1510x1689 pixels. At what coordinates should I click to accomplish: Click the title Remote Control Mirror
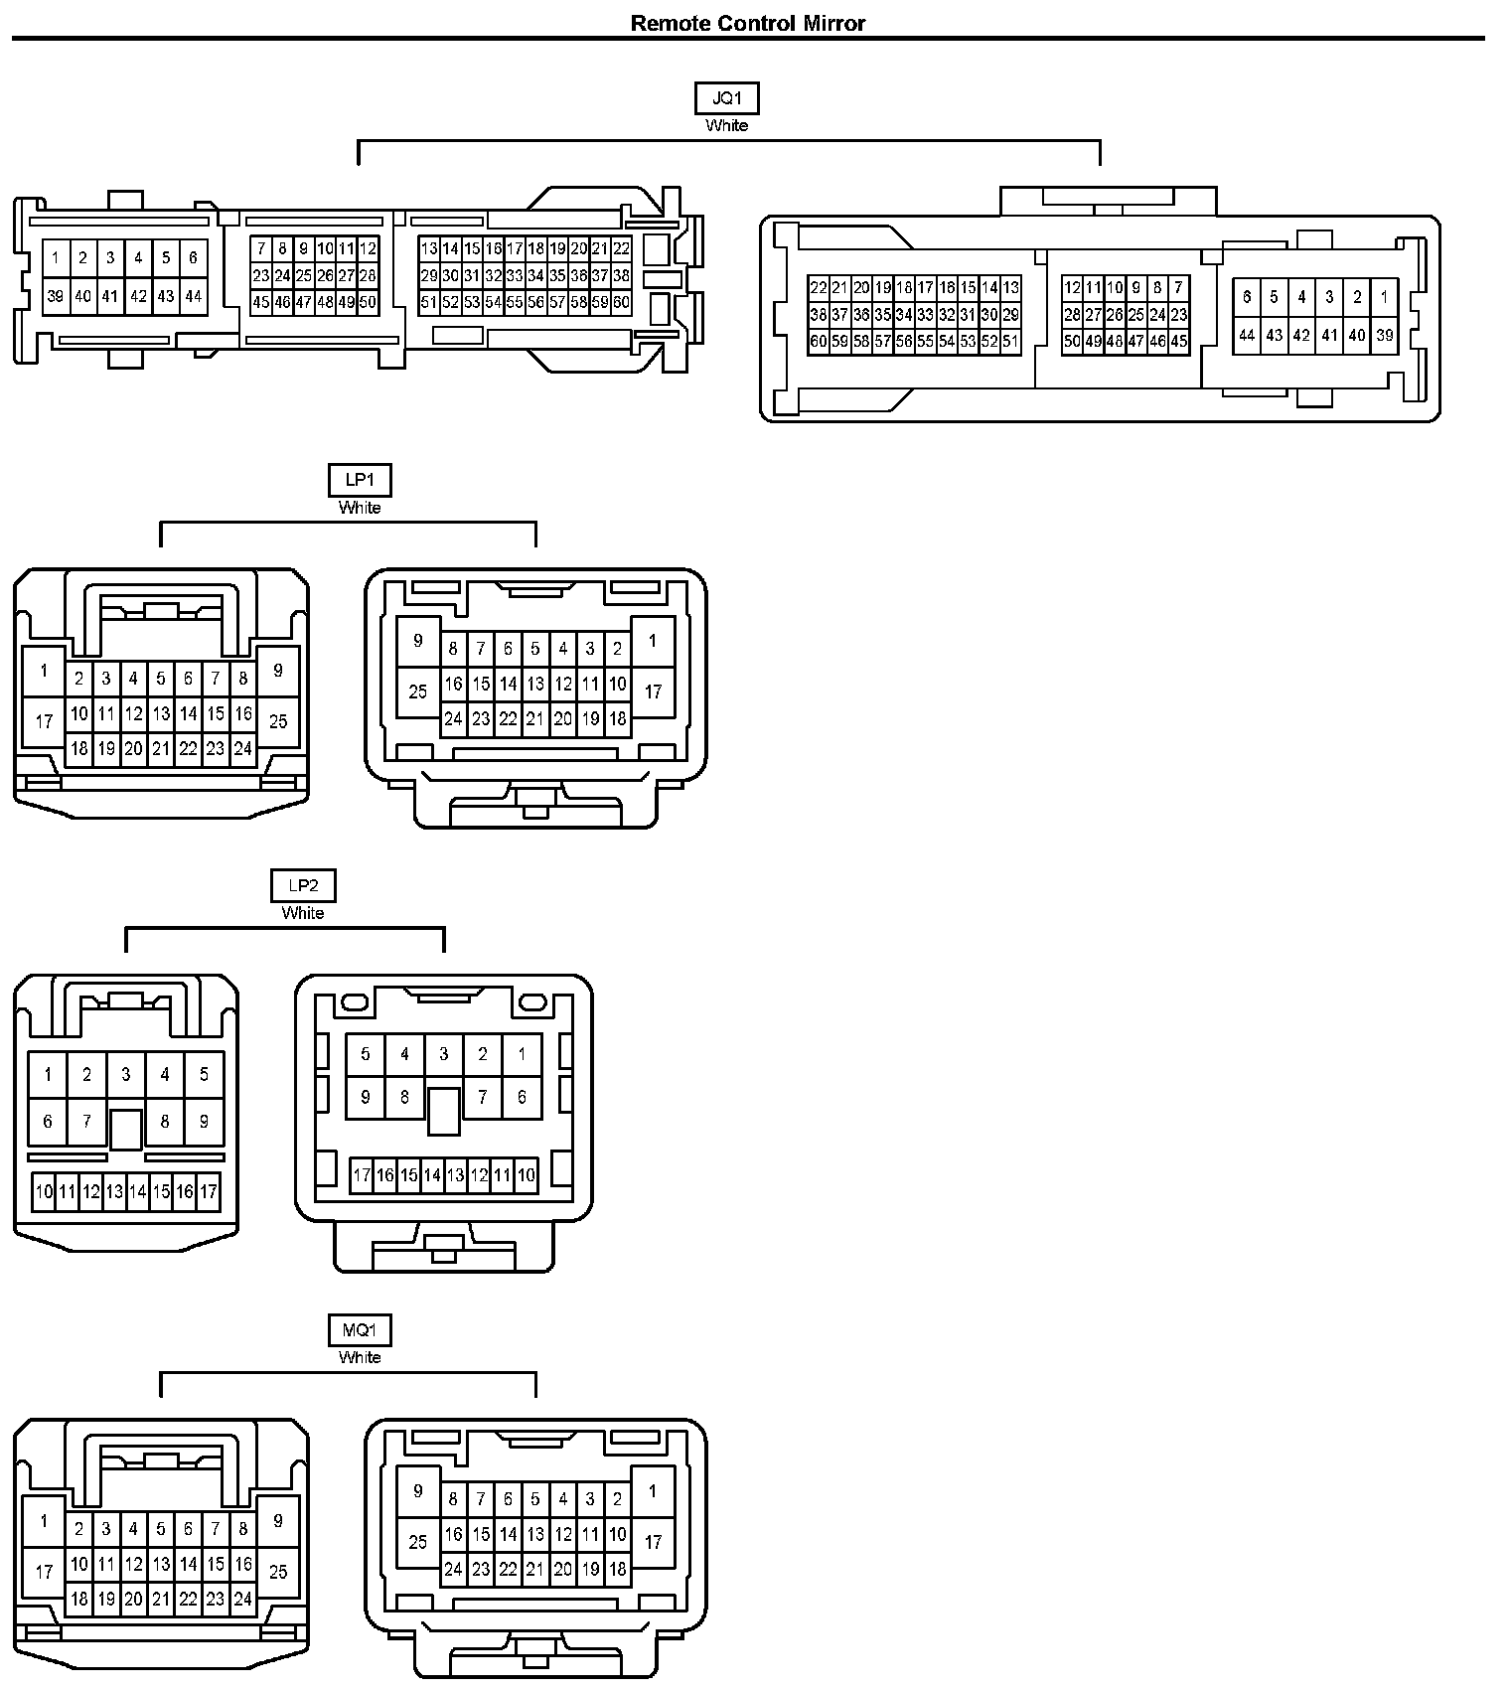(747, 23)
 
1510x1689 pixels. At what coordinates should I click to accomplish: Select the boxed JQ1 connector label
(726, 98)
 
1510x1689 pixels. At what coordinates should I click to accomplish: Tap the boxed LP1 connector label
(360, 480)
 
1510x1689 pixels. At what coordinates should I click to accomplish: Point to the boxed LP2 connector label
(303, 885)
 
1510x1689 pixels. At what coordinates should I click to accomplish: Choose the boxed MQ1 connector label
(360, 1329)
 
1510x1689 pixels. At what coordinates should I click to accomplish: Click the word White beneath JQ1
(726, 126)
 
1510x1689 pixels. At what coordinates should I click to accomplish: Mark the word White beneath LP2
(303, 913)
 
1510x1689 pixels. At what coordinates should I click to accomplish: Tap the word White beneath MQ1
(360, 1357)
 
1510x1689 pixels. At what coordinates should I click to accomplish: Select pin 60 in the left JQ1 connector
(621, 302)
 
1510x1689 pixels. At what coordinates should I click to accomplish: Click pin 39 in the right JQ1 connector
(1384, 336)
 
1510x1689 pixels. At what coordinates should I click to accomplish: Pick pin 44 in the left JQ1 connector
(193, 296)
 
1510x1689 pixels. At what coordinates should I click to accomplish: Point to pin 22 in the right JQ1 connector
(819, 288)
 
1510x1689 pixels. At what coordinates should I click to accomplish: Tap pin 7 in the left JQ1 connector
(261, 248)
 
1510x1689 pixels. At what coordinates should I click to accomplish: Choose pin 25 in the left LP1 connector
(278, 721)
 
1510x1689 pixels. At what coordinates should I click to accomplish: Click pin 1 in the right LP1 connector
(653, 641)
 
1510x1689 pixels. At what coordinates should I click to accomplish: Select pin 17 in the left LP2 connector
(209, 1191)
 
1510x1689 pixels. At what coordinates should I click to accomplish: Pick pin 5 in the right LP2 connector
(366, 1054)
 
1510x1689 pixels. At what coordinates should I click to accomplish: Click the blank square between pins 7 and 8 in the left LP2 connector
(126, 1129)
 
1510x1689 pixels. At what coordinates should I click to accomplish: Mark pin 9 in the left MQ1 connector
(278, 1520)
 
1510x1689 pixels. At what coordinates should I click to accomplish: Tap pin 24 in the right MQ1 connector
(453, 1570)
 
